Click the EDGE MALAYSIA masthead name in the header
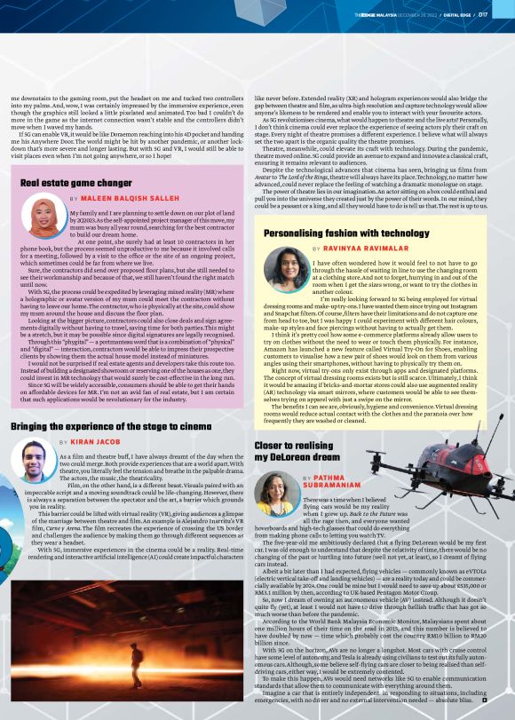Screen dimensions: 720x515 (x=369, y=14)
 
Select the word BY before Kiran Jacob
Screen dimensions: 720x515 (x=63, y=441)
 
